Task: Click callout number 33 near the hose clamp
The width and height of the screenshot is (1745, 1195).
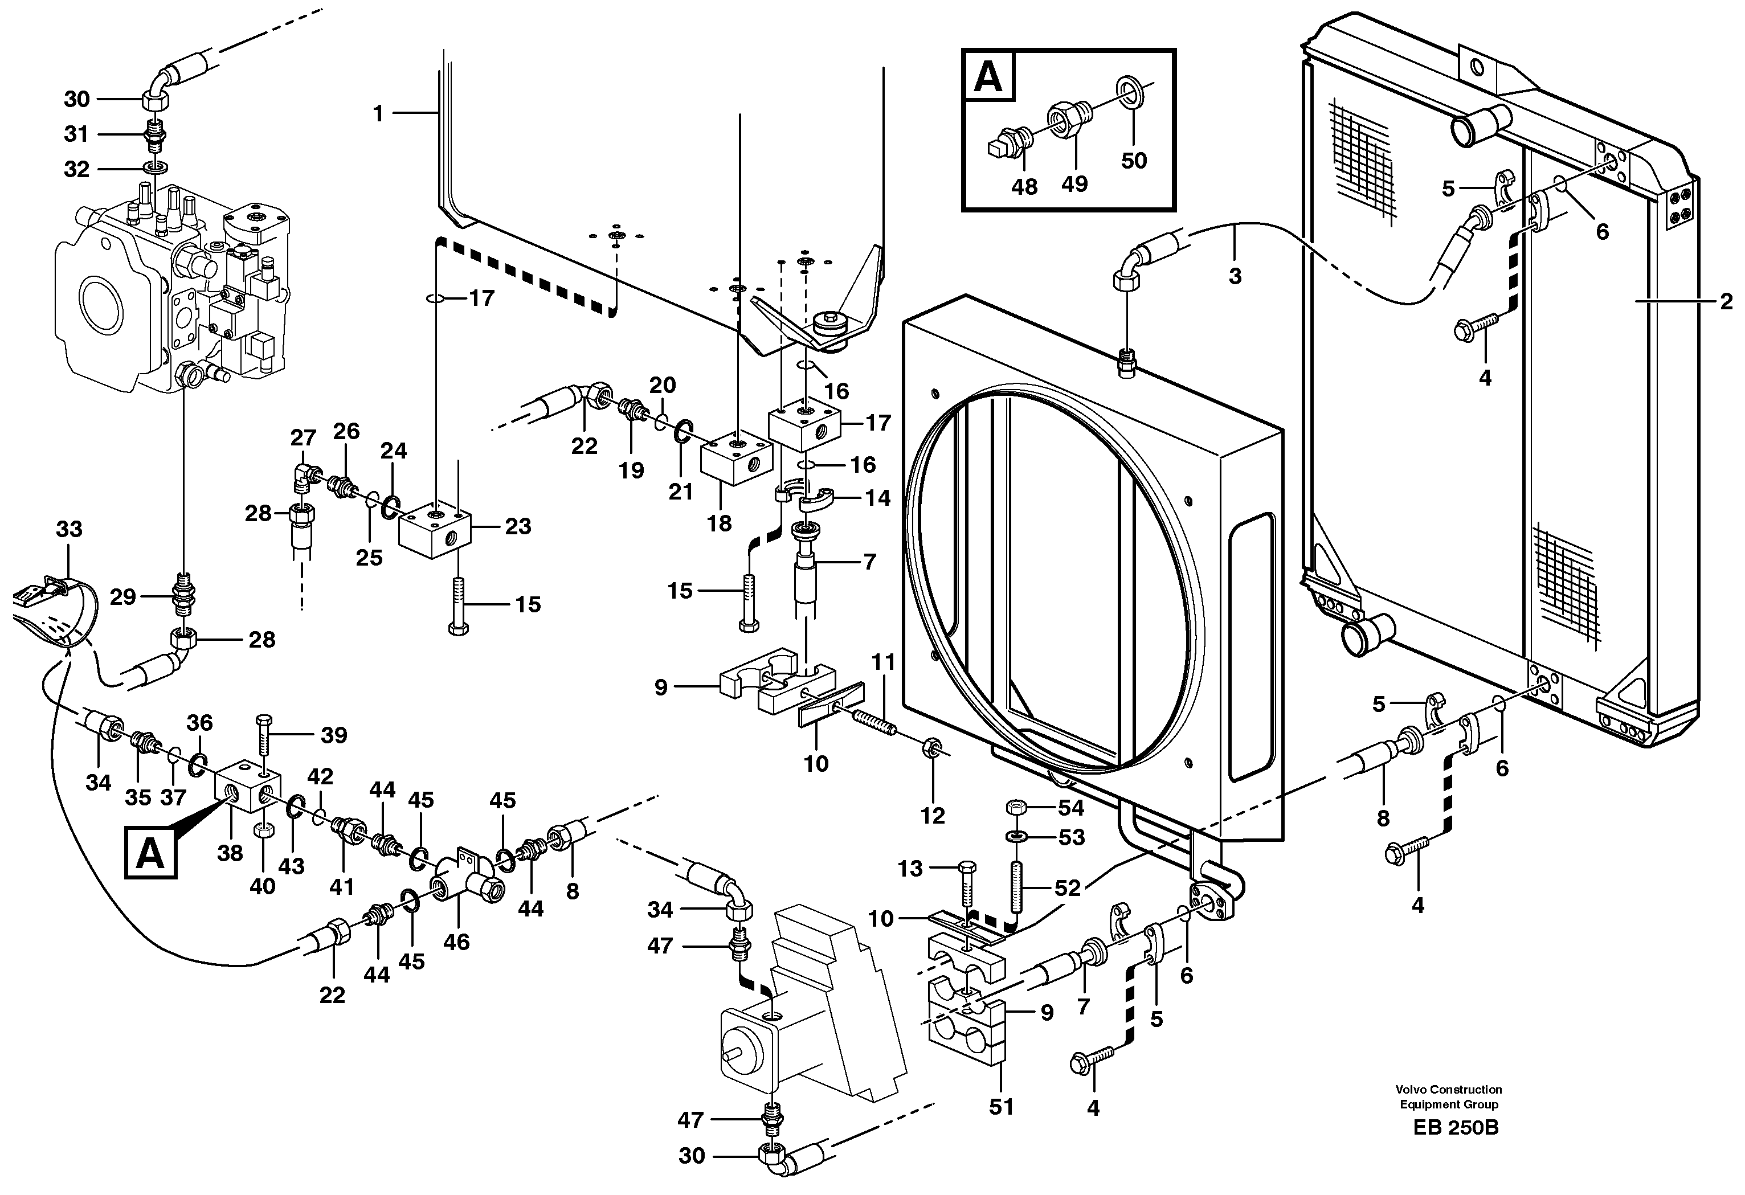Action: click(69, 529)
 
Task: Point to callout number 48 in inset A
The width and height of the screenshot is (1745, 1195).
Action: click(1024, 187)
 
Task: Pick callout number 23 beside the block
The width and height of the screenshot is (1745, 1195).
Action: click(517, 526)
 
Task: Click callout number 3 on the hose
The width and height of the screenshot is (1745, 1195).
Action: click(1235, 276)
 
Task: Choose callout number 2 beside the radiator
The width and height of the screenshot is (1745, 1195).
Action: click(1726, 302)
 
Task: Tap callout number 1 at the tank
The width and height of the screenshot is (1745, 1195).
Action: click(378, 113)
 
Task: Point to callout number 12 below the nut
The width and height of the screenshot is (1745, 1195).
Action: click(933, 815)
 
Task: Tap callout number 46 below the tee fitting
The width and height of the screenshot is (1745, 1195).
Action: click(456, 942)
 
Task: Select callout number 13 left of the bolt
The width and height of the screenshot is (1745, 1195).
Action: click(909, 869)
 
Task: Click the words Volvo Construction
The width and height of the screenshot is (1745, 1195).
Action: click(1448, 1089)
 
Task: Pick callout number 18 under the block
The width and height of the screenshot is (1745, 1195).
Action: click(718, 523)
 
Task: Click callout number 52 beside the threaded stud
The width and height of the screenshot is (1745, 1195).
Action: click(1067, 888)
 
